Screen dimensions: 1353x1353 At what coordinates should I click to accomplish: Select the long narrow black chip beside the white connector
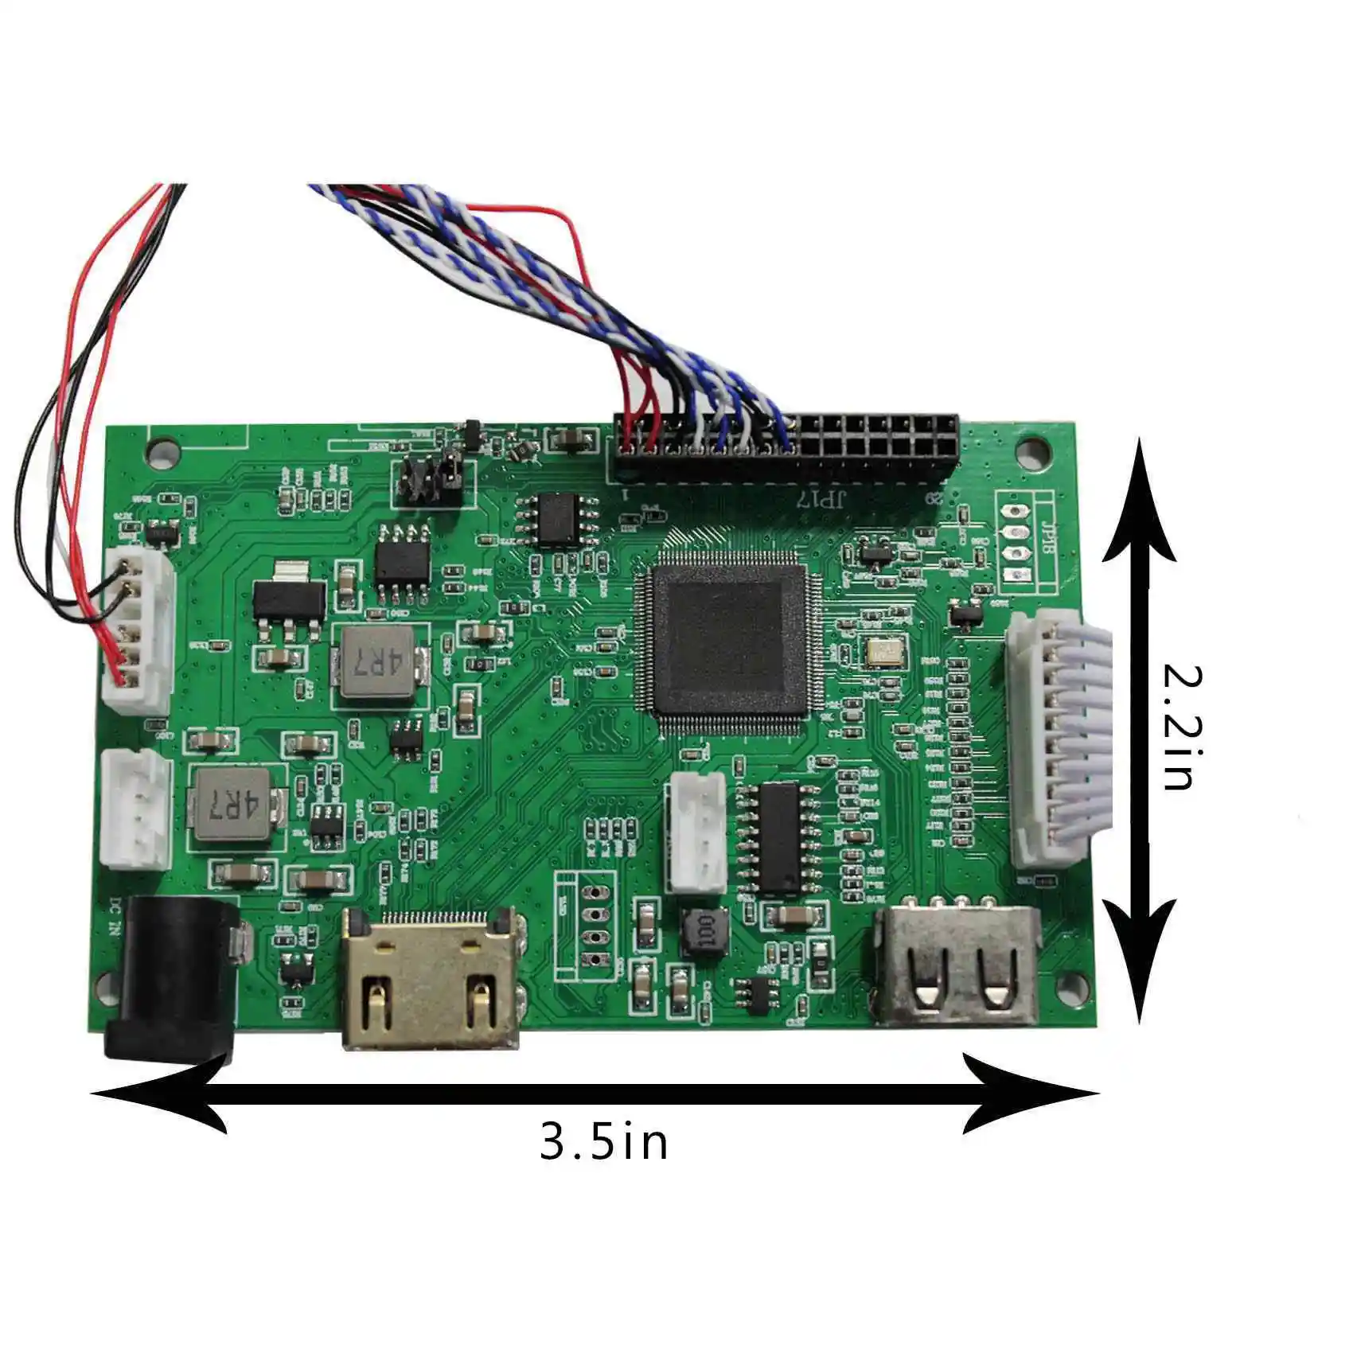(x=778, y=837)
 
